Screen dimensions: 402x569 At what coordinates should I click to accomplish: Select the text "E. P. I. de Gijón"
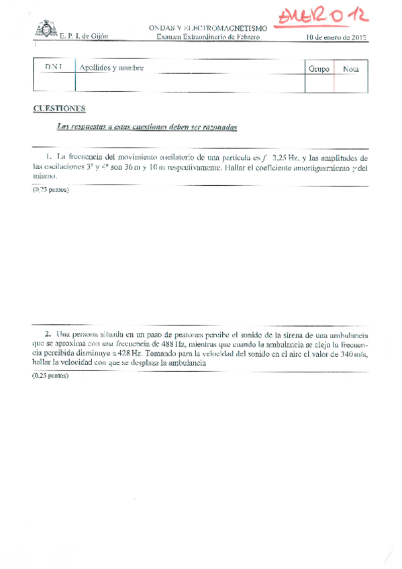pos(83,37)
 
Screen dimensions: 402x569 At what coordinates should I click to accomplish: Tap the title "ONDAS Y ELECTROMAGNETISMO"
pos(208,28)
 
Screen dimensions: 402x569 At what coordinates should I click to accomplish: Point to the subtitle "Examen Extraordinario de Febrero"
pos(208,37)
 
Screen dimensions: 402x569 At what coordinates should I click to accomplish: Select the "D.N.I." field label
pos(53,68)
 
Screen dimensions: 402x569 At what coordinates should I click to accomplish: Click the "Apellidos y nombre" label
pos(111,68)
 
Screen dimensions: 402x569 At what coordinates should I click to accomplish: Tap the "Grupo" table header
pos(319,68)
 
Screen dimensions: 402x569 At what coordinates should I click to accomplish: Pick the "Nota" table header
pos(350,68)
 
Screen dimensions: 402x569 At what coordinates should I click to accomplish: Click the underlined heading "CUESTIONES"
pos(59,109)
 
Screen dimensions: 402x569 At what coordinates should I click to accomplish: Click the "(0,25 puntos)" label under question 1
pos(50,190)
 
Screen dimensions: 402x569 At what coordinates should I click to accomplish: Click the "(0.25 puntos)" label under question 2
pos(50,377)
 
